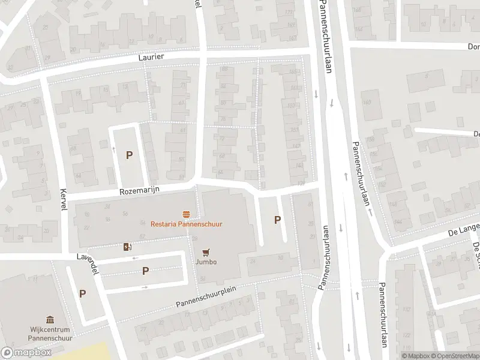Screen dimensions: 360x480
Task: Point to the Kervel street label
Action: pyautogui.click(x=62, y=198)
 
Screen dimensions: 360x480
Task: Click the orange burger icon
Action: pyautogui.click(x=187, y=214)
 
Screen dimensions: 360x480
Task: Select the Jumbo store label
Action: pyautogui.click(x=205, y=262)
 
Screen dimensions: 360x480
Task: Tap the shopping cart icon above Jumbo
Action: pyautogui.click(x=206, y=253)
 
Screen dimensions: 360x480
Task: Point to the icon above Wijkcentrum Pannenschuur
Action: pyautogui.click(x=50, y=320)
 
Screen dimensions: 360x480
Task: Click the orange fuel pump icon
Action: pyautogui.click(x=127, y=247)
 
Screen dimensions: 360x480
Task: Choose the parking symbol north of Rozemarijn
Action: pyautogui.click(x=129, y=155)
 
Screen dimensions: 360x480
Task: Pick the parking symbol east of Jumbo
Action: pyautogui.click(x=277, y=220)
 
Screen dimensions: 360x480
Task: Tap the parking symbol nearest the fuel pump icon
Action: pyautogui.click(x=145, y=271)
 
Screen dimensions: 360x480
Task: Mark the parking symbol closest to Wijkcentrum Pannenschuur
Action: pyautogui.click(x=82, y=293)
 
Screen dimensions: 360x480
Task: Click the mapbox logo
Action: pyautogui.click(x=26, y=353)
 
